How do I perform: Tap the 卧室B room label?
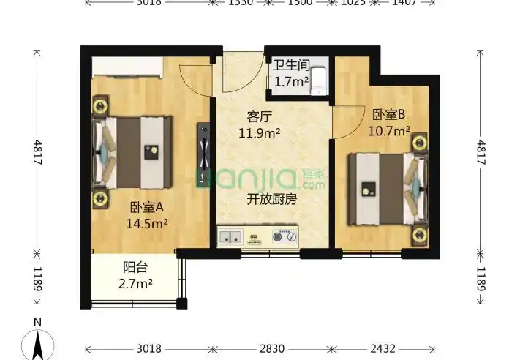[x=388, y=114]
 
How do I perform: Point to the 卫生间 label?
[x=290, y=67]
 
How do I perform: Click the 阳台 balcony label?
[x=133, y=268]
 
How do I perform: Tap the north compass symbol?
[x=38, y=340]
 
